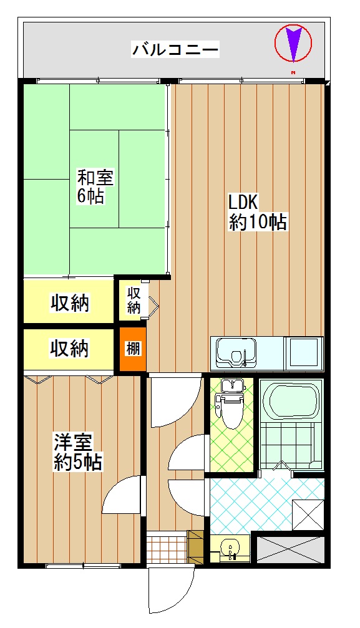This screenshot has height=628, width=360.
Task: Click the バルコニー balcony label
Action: tap(175, 50)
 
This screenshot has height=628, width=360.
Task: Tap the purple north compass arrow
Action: tap(293, 43)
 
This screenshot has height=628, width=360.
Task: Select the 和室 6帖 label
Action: tap(95, 186)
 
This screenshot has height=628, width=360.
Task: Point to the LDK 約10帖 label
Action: tap(256, 212)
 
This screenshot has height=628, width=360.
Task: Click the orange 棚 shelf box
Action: tap(132, 349)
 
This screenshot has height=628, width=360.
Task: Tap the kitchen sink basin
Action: tap(236, 352)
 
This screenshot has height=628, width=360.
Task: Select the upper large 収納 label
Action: tap(69, 303)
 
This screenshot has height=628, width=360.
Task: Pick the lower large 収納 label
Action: tap(69, 348)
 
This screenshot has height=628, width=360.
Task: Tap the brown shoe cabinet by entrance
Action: tap(196, 547)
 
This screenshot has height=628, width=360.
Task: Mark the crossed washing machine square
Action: tap(308, 514)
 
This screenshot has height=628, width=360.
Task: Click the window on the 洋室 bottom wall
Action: tap(84, 566)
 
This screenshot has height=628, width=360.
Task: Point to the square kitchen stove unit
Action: tap(304, 352)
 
